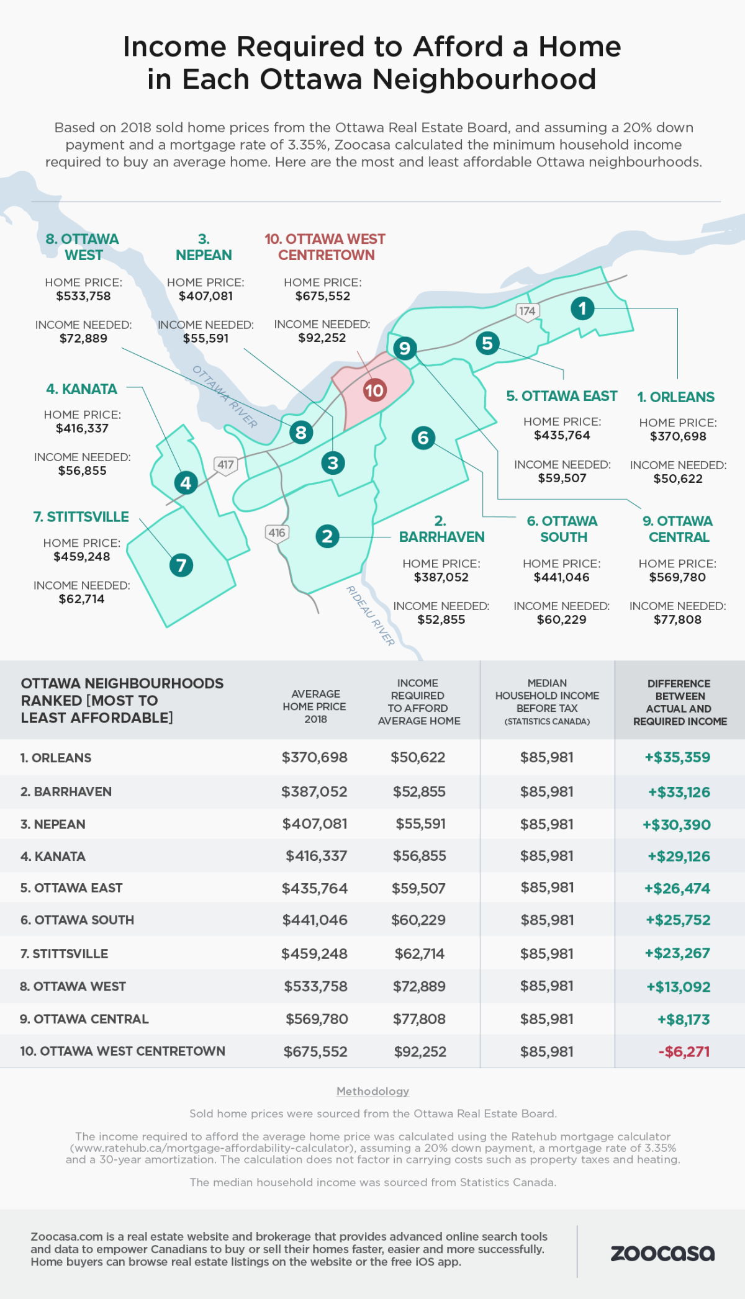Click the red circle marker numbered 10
click(374, 390)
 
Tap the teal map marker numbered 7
click(181, 565)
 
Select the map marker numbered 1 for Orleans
click(582, 308)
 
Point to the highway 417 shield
click(225, 464)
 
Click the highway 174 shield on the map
click(527, 311)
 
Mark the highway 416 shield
click(277, 533)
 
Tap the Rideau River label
click(371, 616)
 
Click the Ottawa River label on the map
click(225, 397)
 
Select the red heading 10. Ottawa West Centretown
click(325, 247)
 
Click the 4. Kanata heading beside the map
click(81, 389)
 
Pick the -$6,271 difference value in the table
click(684, 1051)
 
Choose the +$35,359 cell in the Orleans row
click(677, 757)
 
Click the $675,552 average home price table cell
click(315, 1051)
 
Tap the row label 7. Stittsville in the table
click(64, 953)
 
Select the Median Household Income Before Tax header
click(547, 702)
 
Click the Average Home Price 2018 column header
click(315, 706)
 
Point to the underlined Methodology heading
click(372, 1091)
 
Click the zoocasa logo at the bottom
click(662, 1253)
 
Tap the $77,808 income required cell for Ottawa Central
click(419, 1019)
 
